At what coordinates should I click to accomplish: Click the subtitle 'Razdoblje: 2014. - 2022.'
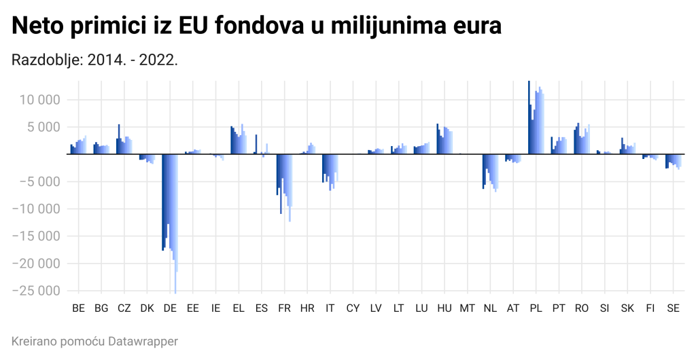(x=94, y=60)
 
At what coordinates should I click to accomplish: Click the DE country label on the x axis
(x=170, y=308)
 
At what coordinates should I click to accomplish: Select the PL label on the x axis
(x=536, y=308)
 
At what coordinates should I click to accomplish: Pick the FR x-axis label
(x=284, y=308)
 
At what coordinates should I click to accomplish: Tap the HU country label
(x=445, y=308)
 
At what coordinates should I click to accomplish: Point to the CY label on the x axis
(x=353, y=308)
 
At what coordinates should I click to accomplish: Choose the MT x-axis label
(x=467, y=308)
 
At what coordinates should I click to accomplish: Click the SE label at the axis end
(x=673, y=308)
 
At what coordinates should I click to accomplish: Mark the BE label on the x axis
(x=78, y=308)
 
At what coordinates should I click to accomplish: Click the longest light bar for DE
(x=175, y=224)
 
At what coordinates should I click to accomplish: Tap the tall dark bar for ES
(x=256, y=144)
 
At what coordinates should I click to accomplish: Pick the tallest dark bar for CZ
(x=119, y=139)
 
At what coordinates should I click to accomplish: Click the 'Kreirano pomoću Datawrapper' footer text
(x=94, y=341)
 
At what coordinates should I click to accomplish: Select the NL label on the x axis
(x=490, y=308)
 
